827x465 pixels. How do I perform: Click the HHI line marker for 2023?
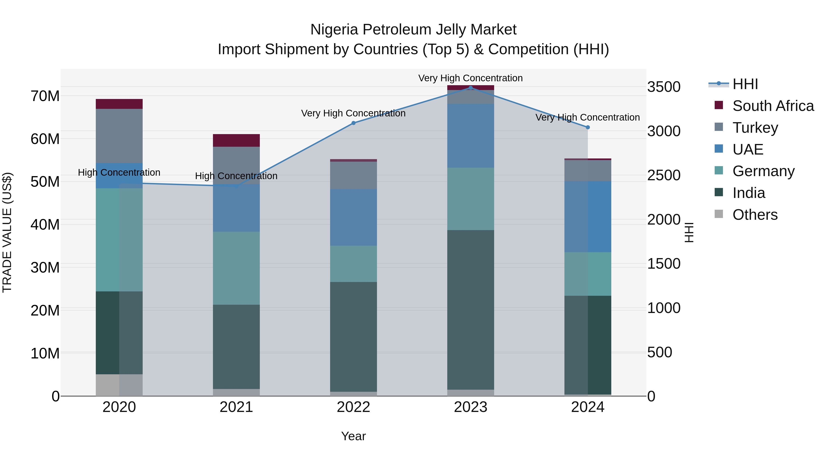tap(471, 88)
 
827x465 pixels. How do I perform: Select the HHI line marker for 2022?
tap(354, 123)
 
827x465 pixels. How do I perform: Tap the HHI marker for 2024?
tap(588, 127)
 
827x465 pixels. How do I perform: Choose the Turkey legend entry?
tap(755, 128)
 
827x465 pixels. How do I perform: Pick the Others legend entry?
tap(755, 215)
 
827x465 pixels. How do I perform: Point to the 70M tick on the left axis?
tap(45, 96)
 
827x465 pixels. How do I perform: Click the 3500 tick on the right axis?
tap(664, 87)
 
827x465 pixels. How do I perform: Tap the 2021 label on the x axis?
tap(236, 407)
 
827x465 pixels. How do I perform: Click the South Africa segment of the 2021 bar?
tap(236, 141)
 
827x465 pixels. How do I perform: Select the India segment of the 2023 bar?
tap(471, 310)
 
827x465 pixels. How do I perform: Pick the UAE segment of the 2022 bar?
tap(354, 217)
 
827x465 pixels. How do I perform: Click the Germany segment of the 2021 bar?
tap(236, 268)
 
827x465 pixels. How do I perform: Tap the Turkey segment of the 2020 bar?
tap(119, 136)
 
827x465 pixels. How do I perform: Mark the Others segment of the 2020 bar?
tap(119, 385)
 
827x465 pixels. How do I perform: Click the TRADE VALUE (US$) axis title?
tap(7, 232)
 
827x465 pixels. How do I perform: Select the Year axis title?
tap(354, 436)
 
